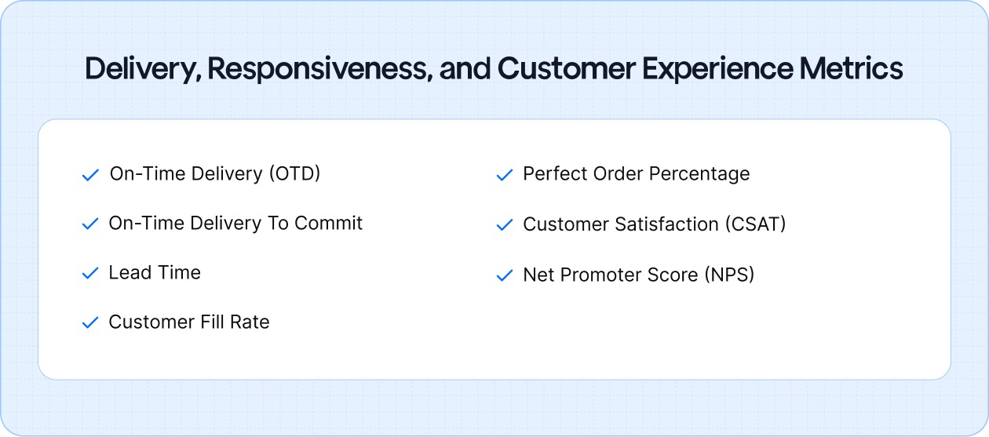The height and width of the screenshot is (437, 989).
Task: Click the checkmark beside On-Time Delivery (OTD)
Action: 90,175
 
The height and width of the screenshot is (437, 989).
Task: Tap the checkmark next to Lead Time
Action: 90,274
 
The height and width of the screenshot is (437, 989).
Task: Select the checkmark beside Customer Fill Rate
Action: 90,323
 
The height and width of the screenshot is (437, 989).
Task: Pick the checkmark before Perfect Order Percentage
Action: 504,175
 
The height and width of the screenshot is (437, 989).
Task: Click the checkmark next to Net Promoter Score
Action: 504,276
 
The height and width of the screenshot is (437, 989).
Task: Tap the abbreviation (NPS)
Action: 729,275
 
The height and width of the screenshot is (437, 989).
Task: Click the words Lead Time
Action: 155,273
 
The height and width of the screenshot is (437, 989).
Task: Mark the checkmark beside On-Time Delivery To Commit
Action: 90,224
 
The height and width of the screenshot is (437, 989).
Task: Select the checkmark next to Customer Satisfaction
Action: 504,226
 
